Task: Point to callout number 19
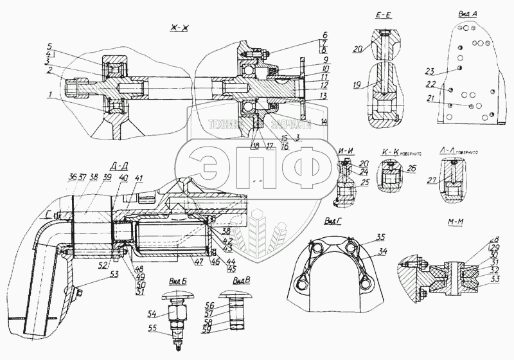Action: (357, 84)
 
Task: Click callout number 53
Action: (114, 274)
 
